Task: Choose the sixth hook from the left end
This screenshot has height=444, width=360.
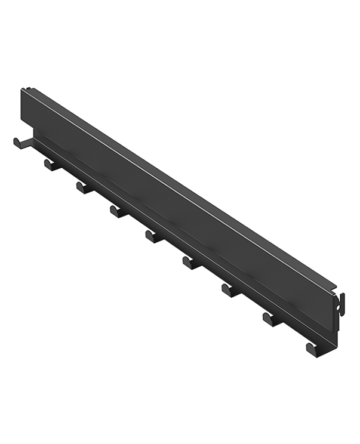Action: coord(191,262)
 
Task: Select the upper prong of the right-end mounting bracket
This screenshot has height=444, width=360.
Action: coord(343,297)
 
